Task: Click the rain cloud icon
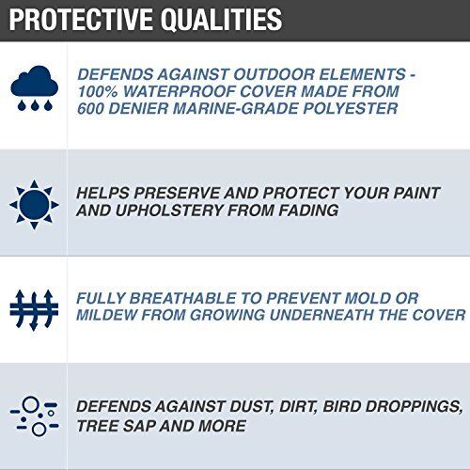(x=34, y=89)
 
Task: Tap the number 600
(x=96, y=108)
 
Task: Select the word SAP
(x=140, y=426)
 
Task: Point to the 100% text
(x=100, y=90)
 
